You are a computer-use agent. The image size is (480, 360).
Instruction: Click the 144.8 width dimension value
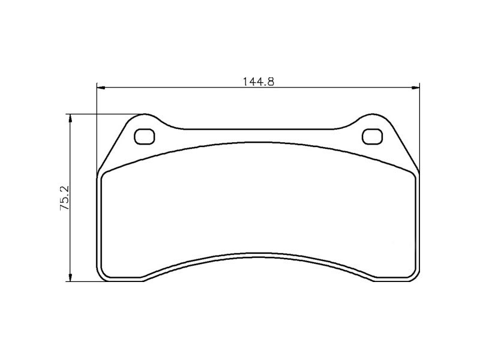259,82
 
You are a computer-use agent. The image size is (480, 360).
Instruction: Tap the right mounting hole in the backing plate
372,137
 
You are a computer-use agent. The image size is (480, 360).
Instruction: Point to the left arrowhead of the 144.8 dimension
101,88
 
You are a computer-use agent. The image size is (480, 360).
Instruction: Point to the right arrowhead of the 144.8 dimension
415,88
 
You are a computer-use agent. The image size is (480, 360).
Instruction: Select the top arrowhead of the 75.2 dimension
71,118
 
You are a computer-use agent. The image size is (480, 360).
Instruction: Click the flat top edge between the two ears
258,128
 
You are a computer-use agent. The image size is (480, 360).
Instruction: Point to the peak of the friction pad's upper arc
258,143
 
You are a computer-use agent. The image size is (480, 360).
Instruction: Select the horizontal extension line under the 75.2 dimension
84,281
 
